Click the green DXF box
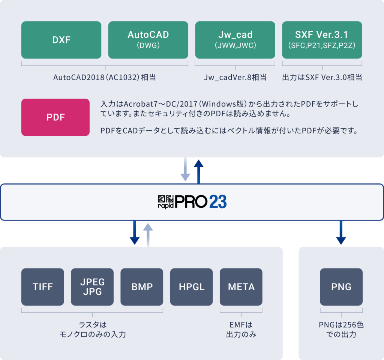(x=61, y=40)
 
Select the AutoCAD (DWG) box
(x=148, y=40)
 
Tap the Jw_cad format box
(x=235, y=40)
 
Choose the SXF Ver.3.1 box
(x=322, y=40)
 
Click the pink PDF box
(x=55, y=117)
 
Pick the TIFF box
(x=42, y=287)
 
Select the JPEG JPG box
(x=92, y=287)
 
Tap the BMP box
(x=142, y=287)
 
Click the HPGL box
(x=191, y=287)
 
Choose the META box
(x=241, y=287)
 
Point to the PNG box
(x=341, y=287)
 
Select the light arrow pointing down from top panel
(x=185, y=169)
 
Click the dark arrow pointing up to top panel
(x=199, y=171)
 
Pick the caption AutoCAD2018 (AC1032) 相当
(x=105, y=78)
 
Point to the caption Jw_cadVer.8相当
(x=235, y=78)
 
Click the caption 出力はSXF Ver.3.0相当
(x=322, y=78)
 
